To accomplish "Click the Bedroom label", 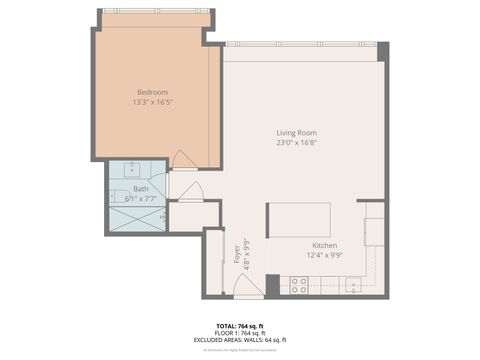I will pyautogui.click(x=152, y=92).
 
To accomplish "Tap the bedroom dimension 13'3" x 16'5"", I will pyautogui.click(x=152, y=102).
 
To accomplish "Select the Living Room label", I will pyautogui.click(x=298, y=132).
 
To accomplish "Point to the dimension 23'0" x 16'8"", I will pyautogui.click(x=298, y=142).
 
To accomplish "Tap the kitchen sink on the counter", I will pyautogui.click(x=352, y=286).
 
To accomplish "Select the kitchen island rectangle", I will pyautogui.click(x=299, y=219).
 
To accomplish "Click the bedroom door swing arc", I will pyautogui.click(x=183, y=159).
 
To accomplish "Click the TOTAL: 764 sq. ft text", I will pyautogui.click(x=240, y=326).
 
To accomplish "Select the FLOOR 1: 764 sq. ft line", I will pyautogui.click(x=240, y=333).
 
